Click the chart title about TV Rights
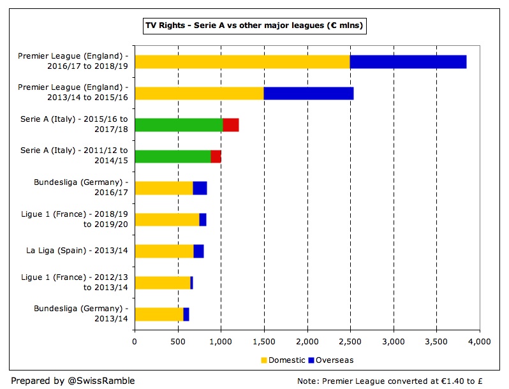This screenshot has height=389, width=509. point(255,26)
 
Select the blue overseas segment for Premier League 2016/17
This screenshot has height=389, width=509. point(408,62)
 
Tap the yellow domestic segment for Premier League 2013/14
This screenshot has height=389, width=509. point(199,93)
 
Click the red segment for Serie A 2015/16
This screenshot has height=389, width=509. point(230,125)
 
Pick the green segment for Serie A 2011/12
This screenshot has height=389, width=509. point(173,157)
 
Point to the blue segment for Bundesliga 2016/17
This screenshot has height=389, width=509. point(200,188)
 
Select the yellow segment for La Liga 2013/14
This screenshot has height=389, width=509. point(164,251)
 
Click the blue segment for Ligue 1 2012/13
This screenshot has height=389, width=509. point(191,283)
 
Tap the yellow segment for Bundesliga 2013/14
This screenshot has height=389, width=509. point(159,314)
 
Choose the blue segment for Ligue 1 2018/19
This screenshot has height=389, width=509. point(203,220)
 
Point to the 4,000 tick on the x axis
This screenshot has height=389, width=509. point(479,342)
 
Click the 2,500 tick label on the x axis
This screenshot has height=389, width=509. point(350,342)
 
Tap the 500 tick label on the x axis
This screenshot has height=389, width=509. point(178,342)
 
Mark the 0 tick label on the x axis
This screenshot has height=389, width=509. point(135,342)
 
